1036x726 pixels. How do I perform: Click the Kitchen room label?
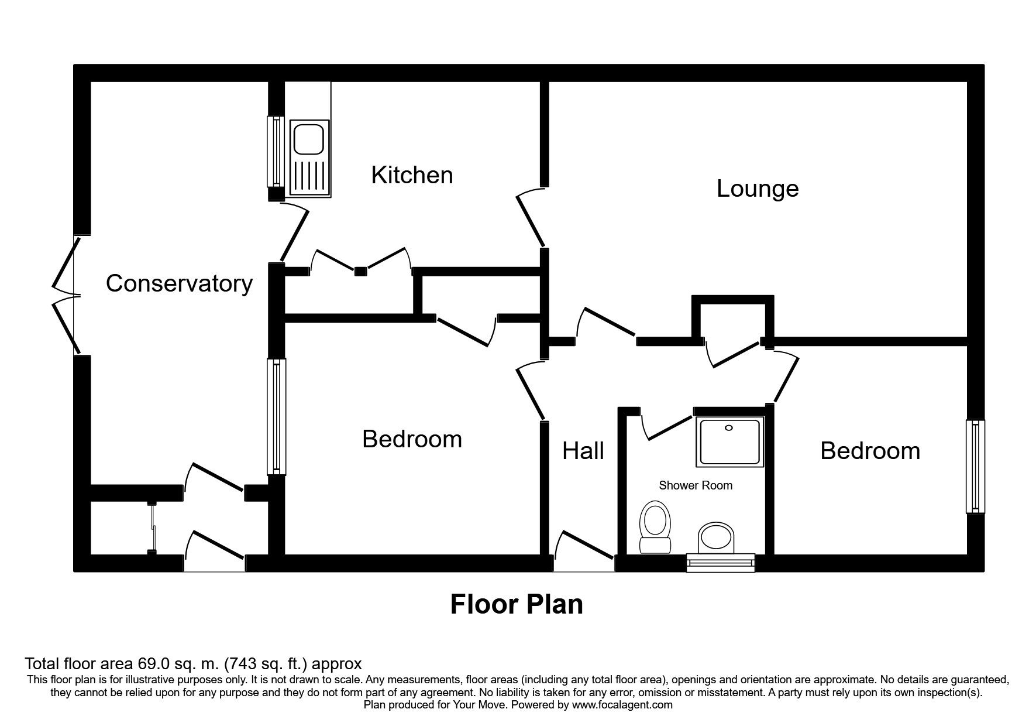coord(412,175)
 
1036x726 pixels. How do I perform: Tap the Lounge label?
coord(758,189)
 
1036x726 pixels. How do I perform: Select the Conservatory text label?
coord(179,284)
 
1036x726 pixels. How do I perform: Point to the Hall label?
coord(583,451)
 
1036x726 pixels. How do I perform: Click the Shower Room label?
coord(696,485)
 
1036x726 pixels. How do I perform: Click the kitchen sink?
coord(308,157)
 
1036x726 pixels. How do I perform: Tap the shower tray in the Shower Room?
coord(729,442)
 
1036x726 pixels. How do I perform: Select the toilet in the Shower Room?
coord(655,527)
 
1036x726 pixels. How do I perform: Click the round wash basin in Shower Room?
coord(716,537)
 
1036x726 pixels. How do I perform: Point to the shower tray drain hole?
coord(728,428)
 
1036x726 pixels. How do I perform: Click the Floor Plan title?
coord(517,604)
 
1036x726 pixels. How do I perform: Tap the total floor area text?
coord(193,664)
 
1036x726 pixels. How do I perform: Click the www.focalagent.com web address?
coord(622,705)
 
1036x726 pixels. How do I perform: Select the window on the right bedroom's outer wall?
coord(975,467)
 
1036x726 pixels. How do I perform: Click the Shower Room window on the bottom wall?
coord(721,563)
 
